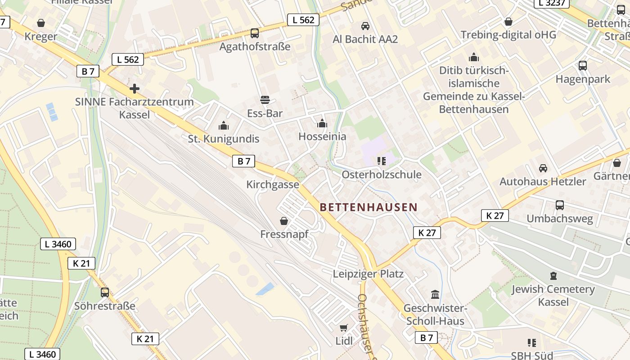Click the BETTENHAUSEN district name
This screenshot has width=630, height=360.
tap(369, 207)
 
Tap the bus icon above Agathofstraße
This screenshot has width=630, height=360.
tap(255, 33)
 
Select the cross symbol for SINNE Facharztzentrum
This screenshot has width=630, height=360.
tap(134, 88)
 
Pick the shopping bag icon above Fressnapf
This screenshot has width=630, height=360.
tap(284, 220)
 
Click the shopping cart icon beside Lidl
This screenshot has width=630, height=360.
tap(344, 328)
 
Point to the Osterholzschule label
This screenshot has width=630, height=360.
tap(382, 175)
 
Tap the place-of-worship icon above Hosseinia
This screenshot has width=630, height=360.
tap(322, 123)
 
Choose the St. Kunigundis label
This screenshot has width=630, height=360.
tap(224, 139)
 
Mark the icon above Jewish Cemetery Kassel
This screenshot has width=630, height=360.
tap(553, 275)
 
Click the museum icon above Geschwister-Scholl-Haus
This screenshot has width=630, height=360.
tap(435, 295)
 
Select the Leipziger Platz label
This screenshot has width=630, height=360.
tap(368, 274)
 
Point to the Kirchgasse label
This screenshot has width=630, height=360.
tap(273, 184)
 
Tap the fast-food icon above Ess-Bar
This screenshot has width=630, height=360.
tap(265, 100)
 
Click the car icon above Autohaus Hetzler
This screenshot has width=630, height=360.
tap(543, 168)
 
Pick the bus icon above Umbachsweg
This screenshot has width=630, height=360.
tap(560, 205)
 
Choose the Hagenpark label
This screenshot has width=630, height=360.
tap(583, 79)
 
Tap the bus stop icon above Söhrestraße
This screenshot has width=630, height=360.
tap(105, 292)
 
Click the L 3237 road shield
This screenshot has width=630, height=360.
tap(552, 3)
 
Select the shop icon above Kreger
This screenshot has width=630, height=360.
tap(41, 23)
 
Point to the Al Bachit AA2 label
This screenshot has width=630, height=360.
tap(365, 39)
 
